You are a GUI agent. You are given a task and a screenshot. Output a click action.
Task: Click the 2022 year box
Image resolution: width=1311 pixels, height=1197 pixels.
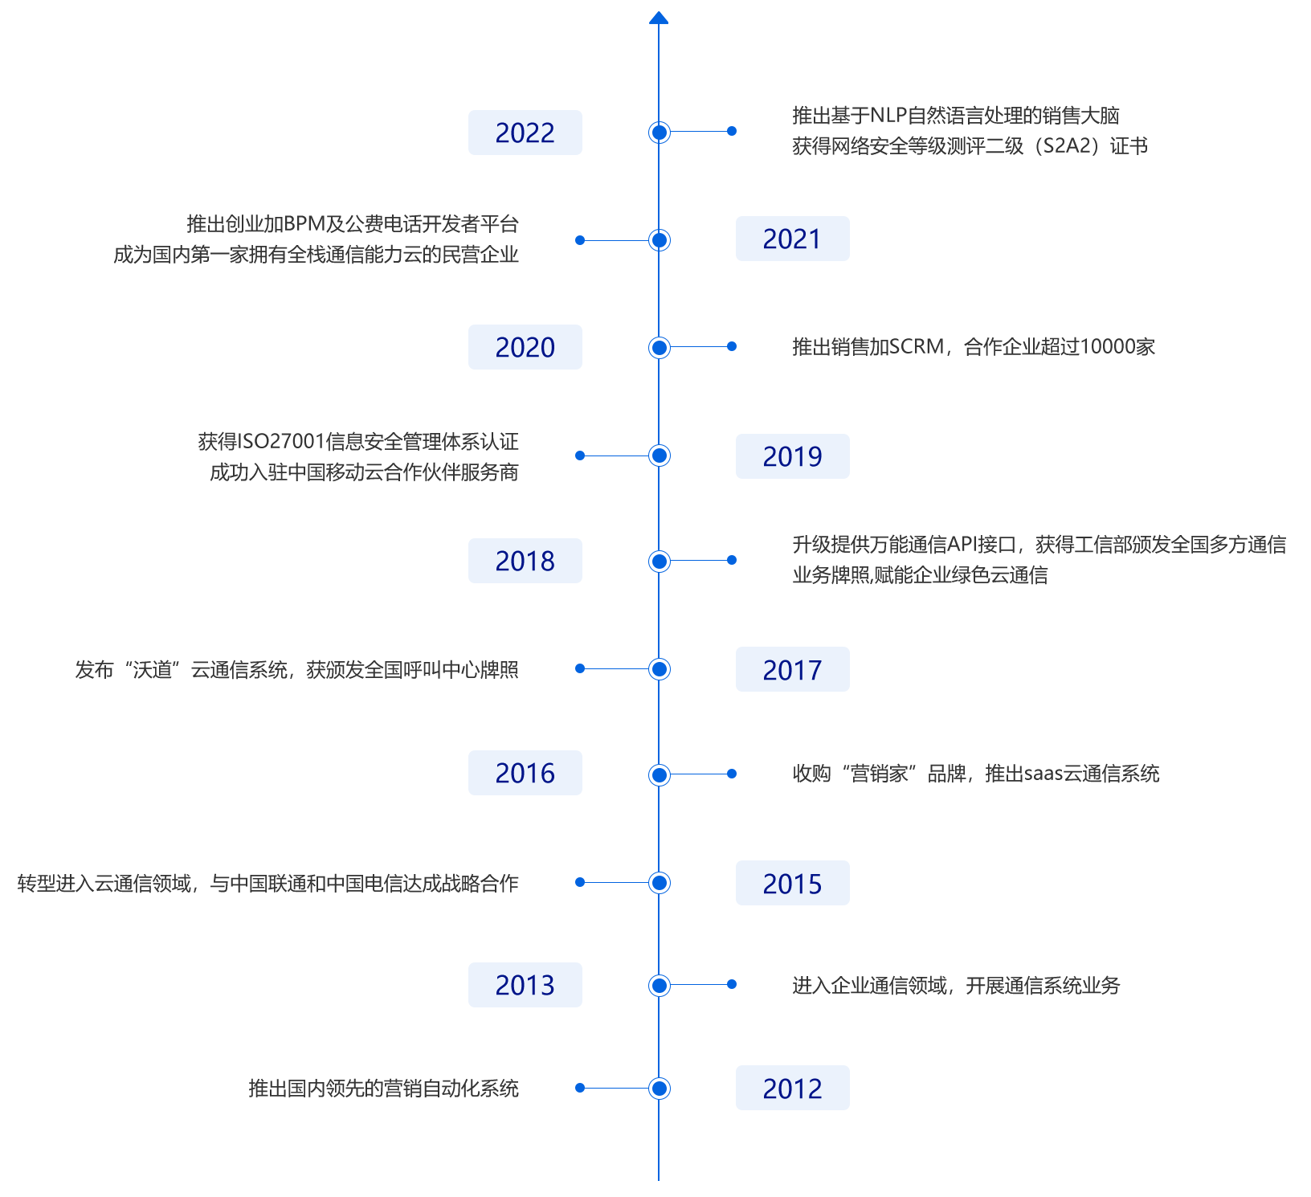pyautogui.click(x=525, y=133)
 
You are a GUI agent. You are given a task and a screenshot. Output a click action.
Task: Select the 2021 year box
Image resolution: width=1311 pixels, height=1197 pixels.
pyautogui.click(x=792, y=239)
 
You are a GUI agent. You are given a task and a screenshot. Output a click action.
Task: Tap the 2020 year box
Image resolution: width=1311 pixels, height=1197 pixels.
pyautogui.click(x=525, y=347)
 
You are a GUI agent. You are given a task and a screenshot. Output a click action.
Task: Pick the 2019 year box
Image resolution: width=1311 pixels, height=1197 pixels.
pyautogui.click(x=792, y=456)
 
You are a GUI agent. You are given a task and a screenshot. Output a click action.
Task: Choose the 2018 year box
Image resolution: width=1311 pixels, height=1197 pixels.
pyautogui.click(x=525, y=561)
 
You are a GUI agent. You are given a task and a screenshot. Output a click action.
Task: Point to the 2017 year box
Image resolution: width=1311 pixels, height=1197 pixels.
pyautogui.click(x=792, y=669)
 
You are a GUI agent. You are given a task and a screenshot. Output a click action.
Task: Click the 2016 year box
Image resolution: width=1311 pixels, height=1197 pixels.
pyautogui.click(x=525, y=773)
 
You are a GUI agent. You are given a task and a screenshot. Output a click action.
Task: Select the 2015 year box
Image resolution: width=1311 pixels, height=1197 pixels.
pyautogui.click(x=792, y=883)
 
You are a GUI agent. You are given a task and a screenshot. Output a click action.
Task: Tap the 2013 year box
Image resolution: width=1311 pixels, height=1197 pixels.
pyautogui.click(x=525, y=985)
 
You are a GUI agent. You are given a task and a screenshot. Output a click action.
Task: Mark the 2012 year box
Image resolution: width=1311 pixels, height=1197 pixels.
pyautogui.click(x=792, y=1088)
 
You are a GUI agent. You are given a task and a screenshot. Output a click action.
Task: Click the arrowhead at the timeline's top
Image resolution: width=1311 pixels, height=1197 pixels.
pyautogui.click(x=659, y=17)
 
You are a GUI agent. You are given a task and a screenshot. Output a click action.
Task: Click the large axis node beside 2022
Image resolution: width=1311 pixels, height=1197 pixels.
pyautogui.click(x=659, y=132)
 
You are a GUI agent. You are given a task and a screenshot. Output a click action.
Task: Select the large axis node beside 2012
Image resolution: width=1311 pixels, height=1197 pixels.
pyautogui.click(x=659, y=1088)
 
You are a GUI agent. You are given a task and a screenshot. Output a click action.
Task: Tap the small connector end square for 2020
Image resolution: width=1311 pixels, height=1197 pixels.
pyautogui.click(x=731, y=346)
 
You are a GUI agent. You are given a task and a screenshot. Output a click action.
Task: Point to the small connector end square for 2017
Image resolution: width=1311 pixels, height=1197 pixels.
pyautogui.click(x=579, y=668)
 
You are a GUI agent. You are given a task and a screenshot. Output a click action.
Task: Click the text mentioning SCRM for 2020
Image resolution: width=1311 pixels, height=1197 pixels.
pyautogui.click(x=974, y=346)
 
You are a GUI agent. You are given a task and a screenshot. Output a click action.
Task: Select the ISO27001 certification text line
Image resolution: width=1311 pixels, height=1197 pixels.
pyautogui.click(x=358, y=441)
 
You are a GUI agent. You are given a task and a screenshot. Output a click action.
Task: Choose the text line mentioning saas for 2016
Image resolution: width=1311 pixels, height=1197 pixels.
pyautogui.click(x=976, y=774)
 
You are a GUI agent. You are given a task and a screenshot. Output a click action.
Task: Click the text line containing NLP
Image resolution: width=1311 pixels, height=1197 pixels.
pyautogui.click(x=956, y=116)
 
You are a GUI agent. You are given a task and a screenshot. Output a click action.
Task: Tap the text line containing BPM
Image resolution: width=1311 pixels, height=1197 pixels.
pyautogui.click(x=352, y=223)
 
